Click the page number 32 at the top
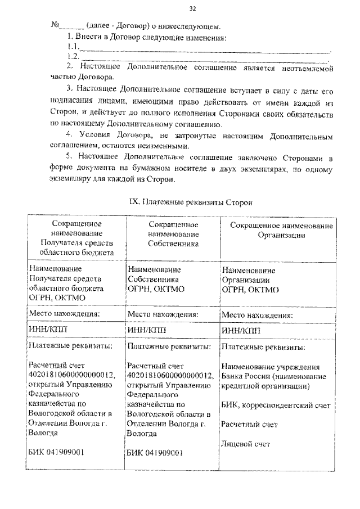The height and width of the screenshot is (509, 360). (193, 8)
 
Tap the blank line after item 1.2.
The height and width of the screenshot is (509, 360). (205, 58)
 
